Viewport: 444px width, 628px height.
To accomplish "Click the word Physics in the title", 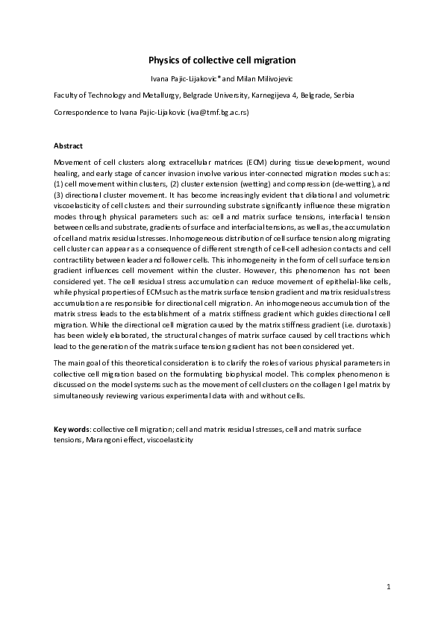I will [165, 60].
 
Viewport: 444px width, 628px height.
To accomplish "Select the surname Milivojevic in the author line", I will [275, 78].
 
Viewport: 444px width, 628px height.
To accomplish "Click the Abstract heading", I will [69, 145].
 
